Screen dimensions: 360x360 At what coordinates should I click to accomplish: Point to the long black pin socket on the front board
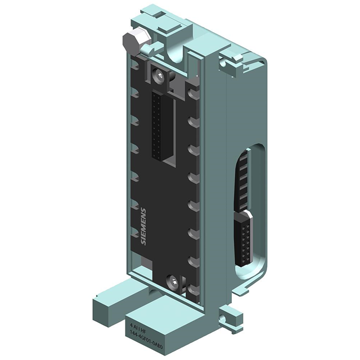[160, 124]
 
